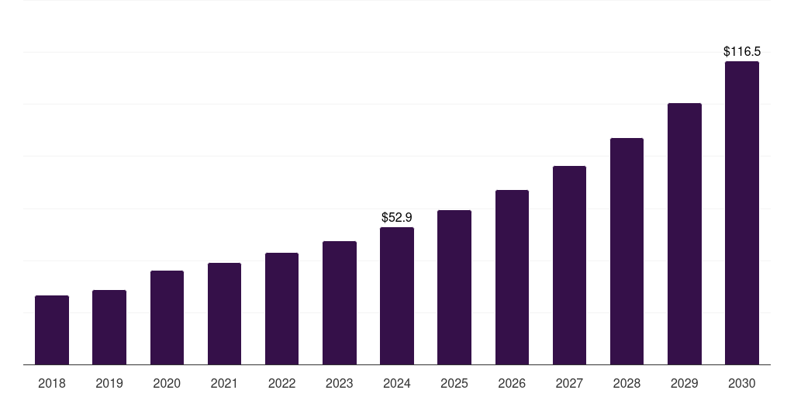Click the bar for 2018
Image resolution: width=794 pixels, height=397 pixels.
pos(52,330)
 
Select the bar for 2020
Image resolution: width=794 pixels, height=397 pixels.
pos(167,317)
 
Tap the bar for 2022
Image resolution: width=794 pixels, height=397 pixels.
pos(281,309)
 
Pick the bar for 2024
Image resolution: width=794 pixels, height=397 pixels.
pos(397,295)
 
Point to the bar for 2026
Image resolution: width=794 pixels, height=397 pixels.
pos(512,277)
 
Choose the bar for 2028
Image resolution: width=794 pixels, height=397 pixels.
pos(627,251)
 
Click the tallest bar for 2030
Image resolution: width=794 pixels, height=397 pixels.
pos(742,212)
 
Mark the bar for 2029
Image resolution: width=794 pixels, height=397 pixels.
pos(685,233)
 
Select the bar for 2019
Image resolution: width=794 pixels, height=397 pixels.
pos(109,327)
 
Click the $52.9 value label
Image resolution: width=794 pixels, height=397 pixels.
pos(397,218)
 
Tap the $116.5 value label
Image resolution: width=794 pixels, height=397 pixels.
pos(742,52)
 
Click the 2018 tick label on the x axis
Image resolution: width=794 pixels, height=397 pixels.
pos(52,383)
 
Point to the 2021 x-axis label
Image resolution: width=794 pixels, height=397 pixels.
pos(224,383)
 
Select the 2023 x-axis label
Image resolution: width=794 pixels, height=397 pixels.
pos(340,383)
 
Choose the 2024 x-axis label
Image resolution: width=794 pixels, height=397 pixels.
pos(397,383)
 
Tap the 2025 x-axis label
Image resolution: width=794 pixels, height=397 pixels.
pos(454,383)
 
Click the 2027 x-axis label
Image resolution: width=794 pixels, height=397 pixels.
pos(569,383)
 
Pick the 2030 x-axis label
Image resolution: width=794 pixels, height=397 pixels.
pos(742,383)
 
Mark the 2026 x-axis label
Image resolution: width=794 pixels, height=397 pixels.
pos(512,383)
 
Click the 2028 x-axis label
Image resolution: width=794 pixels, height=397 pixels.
pos(627,383)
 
